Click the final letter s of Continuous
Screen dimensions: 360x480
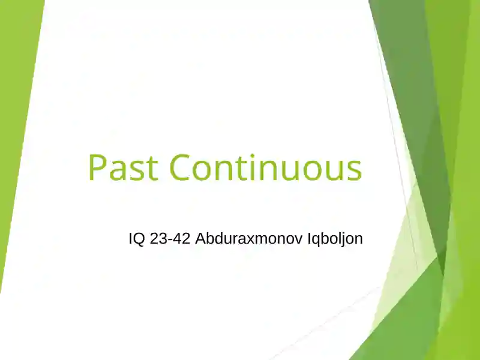point(354,169)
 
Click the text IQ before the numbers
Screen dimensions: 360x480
point(136,238)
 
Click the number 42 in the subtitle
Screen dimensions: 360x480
point(181,238)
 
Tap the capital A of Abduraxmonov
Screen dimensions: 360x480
point(200,238)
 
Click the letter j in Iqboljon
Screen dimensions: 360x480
point(346,239)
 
